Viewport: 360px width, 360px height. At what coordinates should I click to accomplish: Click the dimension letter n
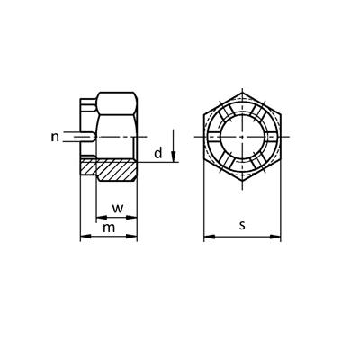coord(55,137)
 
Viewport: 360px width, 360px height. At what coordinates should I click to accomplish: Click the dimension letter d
coord(158,153)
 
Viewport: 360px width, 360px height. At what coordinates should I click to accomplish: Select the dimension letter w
coord(118,208)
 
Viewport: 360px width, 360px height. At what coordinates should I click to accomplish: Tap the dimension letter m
coord(109,228)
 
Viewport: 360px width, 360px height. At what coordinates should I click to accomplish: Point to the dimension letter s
coord(242,225)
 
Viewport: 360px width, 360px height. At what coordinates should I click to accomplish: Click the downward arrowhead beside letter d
coord(174,157)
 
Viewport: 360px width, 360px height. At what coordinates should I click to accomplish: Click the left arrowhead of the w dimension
coord(102,217)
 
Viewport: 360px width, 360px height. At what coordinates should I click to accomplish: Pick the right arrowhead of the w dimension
coord(131,217)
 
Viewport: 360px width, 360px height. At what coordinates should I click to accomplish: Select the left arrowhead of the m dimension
coord(85,237)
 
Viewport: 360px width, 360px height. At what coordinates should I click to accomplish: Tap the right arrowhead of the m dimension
coord(131,237)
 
